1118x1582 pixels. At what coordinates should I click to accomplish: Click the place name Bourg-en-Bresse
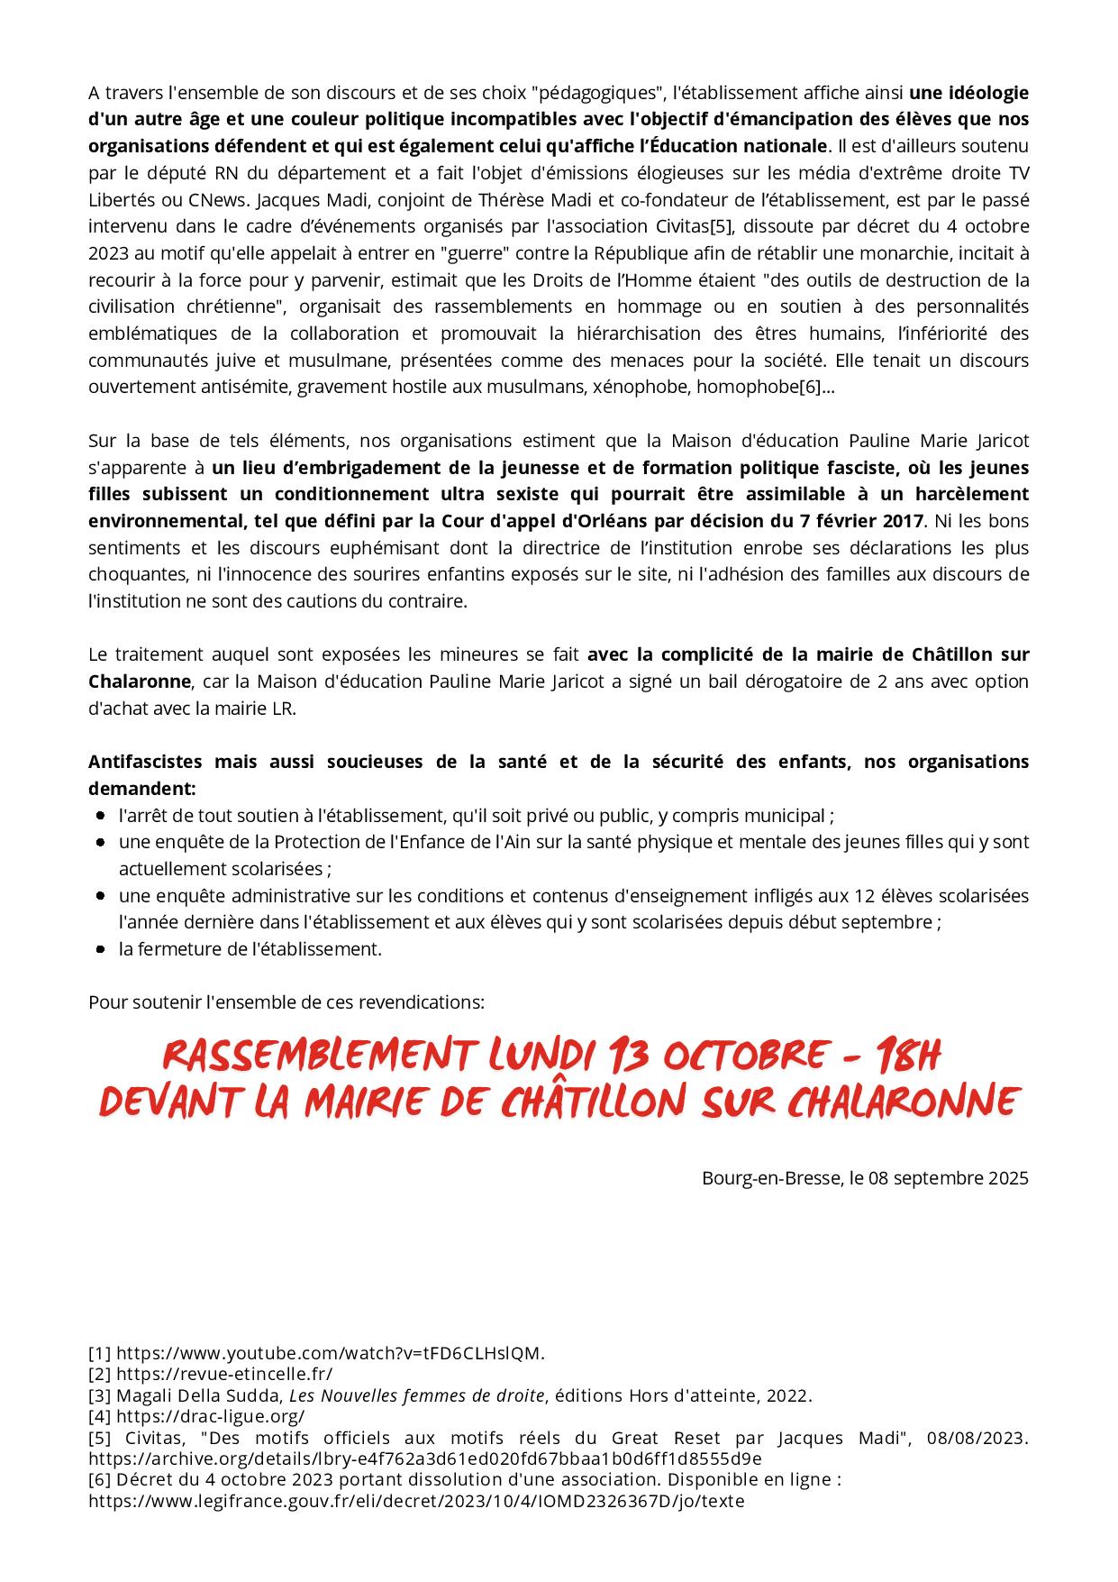[772, 1178]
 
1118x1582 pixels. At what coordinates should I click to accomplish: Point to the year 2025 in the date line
[1008, 1178]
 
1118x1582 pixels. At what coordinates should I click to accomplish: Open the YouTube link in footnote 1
[331, 1353]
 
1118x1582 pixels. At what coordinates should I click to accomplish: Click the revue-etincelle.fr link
[224, 1374]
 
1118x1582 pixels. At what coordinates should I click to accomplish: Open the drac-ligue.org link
[210, 1416]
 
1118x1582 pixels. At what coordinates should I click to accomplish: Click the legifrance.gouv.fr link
[416, 1502]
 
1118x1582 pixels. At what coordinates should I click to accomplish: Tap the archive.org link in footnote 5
[425, 1459]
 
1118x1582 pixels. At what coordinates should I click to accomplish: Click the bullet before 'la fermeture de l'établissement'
[101, 949]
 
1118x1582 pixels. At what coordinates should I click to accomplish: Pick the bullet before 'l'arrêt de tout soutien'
[101, 816]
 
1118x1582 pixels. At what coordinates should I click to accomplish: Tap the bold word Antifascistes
[145, 762]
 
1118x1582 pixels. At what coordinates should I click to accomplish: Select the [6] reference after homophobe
[811, 387]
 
